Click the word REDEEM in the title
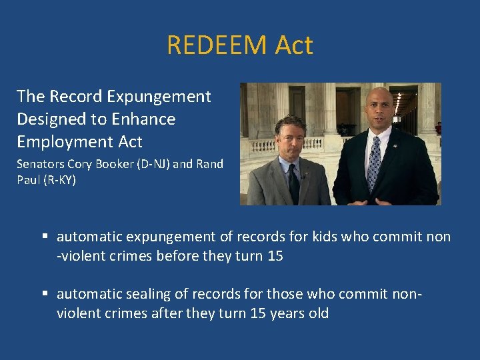click(211, 45)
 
